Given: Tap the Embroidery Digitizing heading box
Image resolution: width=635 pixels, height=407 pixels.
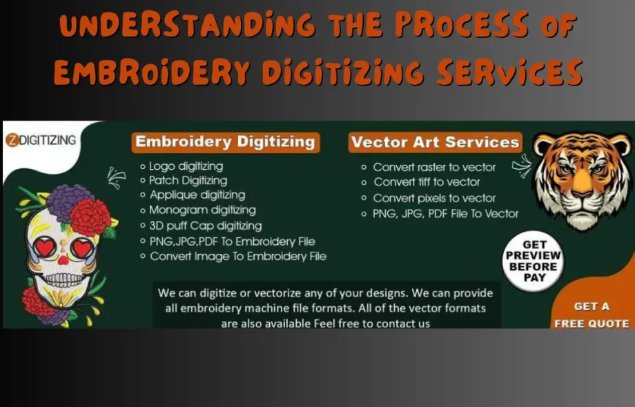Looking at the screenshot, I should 225,142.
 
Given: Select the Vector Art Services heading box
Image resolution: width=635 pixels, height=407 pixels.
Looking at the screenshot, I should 435,142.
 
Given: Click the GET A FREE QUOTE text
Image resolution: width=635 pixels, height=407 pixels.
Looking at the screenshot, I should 592,315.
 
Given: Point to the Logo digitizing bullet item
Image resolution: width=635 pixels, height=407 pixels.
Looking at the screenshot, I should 185,166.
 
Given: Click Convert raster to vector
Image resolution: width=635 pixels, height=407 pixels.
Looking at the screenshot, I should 434,167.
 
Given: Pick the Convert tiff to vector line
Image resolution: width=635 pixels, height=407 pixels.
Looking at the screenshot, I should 426,182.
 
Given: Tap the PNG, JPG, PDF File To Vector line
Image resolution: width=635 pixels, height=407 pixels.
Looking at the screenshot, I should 445,214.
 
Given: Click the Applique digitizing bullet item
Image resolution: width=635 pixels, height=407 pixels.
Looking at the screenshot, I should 197,195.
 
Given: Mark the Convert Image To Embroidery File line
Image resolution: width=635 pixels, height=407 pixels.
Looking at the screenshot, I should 237,256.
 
